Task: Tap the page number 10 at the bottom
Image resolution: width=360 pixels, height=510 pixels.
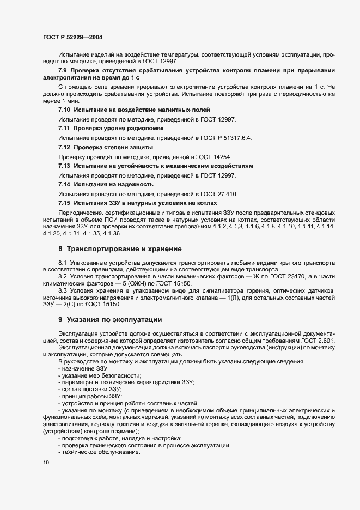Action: click(45, 463)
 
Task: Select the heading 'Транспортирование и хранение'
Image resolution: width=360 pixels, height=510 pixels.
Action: click(124, 249)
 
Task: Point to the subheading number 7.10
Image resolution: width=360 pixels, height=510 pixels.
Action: click(64, 110)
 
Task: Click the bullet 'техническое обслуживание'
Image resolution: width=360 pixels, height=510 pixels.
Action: click(93, 453)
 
